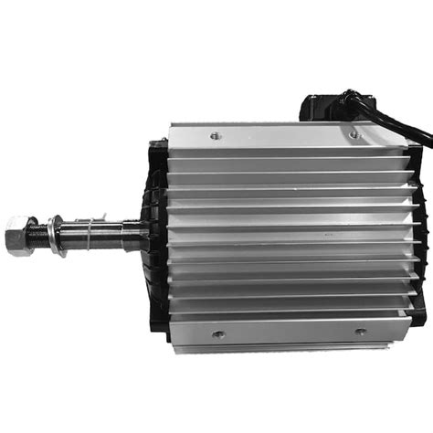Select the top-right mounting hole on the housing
[x=354, y=134]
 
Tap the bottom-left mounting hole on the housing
[x=217, y=334]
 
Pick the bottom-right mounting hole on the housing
[x=359, y=333]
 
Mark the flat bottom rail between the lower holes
[x=288, y=333]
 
